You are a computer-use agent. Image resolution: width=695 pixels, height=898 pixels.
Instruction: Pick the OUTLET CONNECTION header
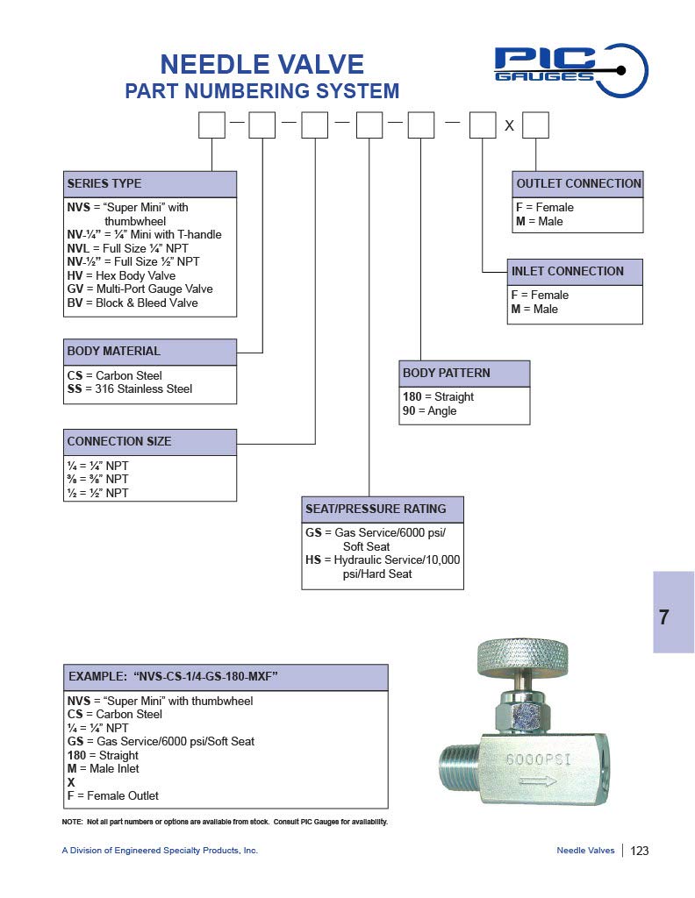578,184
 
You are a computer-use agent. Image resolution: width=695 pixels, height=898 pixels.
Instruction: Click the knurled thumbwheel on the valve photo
522,655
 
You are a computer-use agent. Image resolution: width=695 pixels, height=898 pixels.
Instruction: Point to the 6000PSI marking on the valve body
538,759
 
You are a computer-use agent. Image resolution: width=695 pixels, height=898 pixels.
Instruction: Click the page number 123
640,851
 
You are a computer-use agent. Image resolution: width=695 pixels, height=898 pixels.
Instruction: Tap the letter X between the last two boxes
509,127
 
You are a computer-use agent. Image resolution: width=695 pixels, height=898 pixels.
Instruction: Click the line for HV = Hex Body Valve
121,275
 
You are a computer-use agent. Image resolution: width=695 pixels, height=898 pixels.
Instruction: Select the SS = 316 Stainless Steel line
129,388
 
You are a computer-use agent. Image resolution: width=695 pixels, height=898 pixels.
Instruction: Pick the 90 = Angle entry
429,410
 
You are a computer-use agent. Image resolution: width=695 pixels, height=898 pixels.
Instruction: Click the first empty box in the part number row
211,126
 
